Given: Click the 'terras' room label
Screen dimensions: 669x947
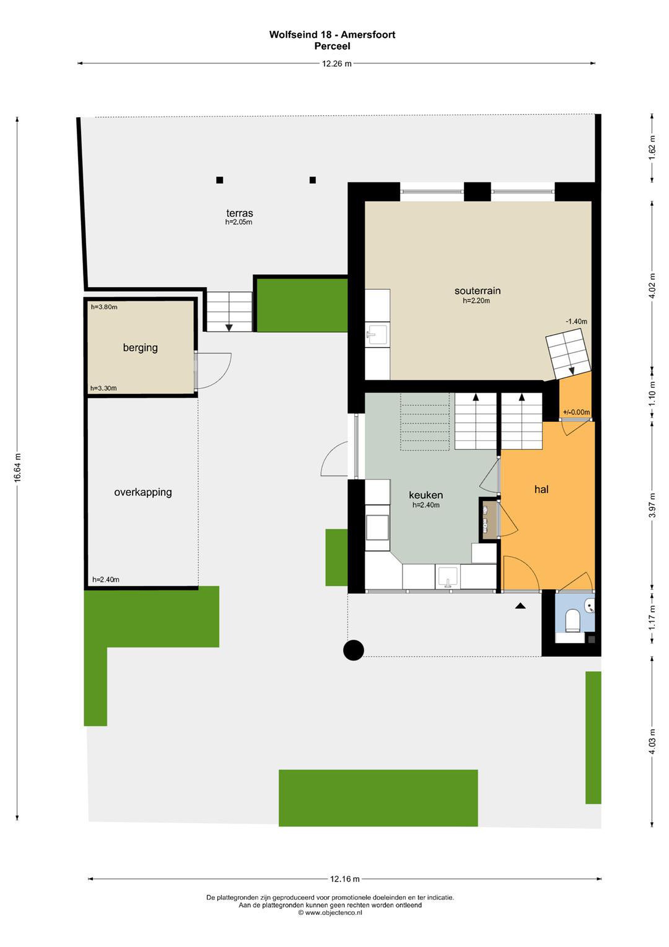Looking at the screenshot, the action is tap(240, 213).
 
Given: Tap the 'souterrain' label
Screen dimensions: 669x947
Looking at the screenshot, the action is tap(477, 291).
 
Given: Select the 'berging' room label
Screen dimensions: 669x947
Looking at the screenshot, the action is tap(140, 348).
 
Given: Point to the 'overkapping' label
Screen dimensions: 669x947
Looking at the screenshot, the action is tap(143, 492).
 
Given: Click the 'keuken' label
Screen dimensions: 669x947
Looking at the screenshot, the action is tap(426, 495).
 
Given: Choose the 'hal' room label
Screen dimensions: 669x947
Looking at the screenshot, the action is tap(541, 489).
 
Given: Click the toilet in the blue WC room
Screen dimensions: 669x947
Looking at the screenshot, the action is tap(572, 620).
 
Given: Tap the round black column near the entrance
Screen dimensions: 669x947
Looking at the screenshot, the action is tap(354, 650).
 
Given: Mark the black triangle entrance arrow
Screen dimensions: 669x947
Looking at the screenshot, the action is tap(520, 606).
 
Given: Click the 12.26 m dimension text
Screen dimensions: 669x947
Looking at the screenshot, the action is tap(336, 63).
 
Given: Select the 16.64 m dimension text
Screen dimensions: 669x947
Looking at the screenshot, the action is tap(17, 467).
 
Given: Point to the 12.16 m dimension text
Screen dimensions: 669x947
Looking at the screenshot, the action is tap(345, 879).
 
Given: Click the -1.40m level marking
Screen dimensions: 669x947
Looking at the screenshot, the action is tap(576, 321).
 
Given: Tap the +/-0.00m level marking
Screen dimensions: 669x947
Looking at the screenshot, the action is tap(576, 412).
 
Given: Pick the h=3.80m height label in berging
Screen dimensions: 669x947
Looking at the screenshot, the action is tap(104, 307).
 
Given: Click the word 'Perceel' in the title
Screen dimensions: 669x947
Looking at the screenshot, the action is tap(332, 46).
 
